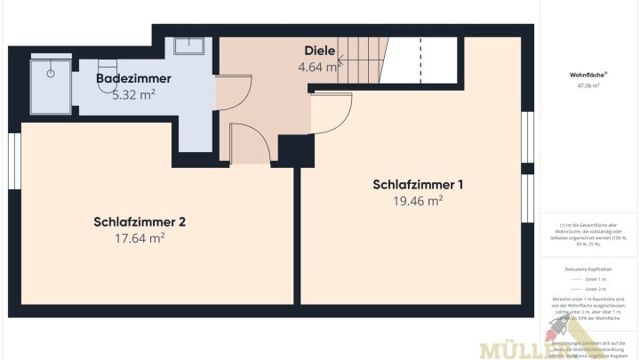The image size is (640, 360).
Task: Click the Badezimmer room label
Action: [133, 79]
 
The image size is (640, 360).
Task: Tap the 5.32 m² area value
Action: [133, 95]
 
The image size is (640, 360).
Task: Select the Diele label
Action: [319, 51]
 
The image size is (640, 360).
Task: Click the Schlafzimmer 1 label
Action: [418, 185]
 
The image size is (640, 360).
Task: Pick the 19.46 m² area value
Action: [418, 201]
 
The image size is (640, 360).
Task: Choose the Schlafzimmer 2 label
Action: [140, 221]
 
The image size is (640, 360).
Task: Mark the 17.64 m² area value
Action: [140, 237]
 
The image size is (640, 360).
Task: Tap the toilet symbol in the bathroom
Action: [105, 68]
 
